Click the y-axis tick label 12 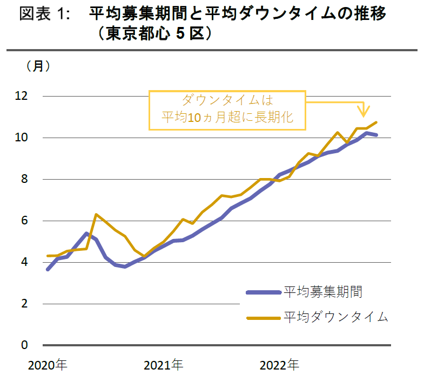[21, 96]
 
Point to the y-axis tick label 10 [21, 138]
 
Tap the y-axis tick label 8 [24, 179]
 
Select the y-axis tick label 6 [24, 221]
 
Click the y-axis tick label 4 [24, 262]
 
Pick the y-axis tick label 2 [24, 304]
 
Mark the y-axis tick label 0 [24, 345]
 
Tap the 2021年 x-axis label [163, 365]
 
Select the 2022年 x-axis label [279, 365]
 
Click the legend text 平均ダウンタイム [335, 317]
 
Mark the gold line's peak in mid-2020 [96, 215]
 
